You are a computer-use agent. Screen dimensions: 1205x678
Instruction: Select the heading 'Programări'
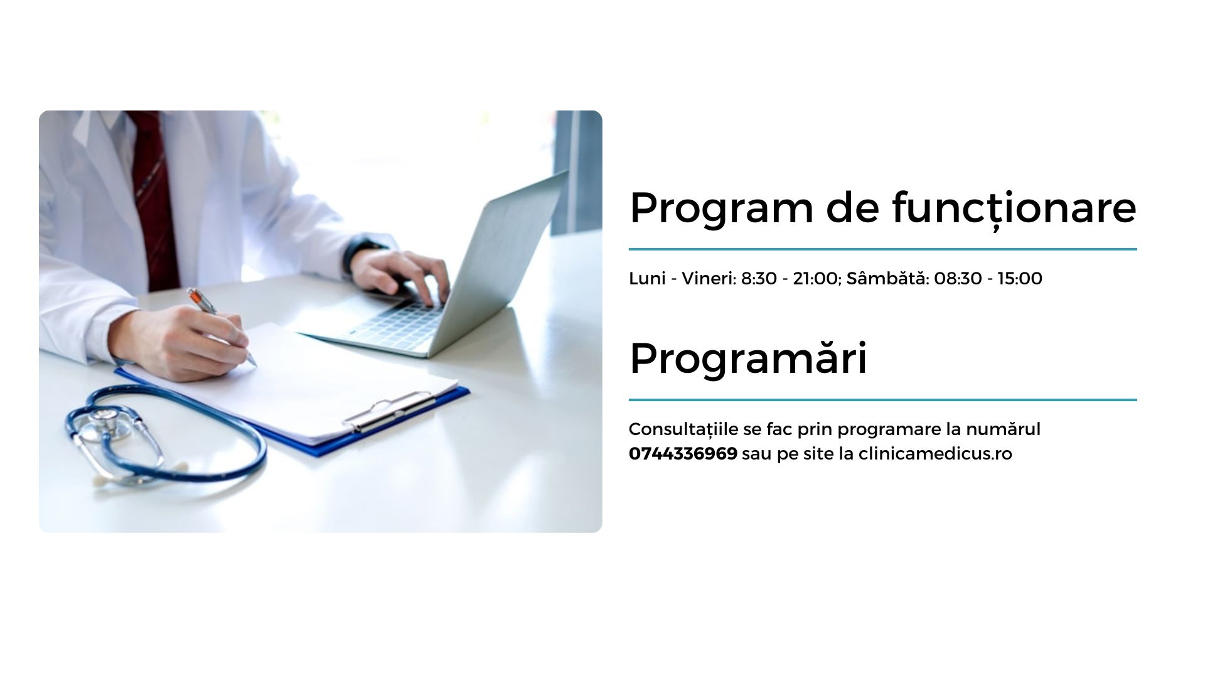pyautogui.click(x=748, y=358)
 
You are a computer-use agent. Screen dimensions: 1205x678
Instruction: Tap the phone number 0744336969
pyautogui.click(x=683, y=453)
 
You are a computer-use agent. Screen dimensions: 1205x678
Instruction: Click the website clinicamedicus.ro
pyautogui.click(x=935, y=453)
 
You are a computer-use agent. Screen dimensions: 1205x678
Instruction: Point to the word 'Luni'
pyautogui.click(x=647, y=278)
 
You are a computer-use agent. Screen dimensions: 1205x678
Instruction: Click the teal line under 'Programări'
pyautogui.click(x=882, y=399)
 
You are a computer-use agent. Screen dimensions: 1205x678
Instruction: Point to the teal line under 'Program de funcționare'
pyautogui.click(x=882, y=249)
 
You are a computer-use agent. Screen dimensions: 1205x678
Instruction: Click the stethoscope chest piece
pyautogui.click(x=108, y=422)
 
